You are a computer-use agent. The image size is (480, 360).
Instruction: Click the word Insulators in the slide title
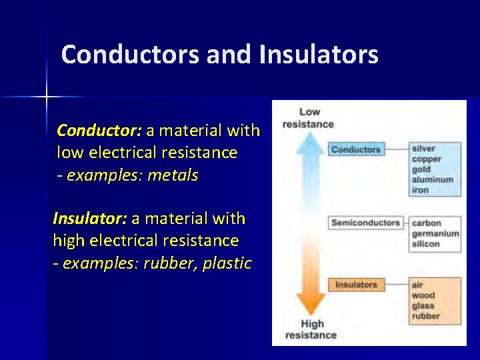point(319,55)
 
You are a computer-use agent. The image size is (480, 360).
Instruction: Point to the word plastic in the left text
point(227,263)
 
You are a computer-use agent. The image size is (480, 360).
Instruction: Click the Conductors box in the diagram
point(355,149)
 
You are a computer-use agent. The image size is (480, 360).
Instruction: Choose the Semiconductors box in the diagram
point(365,223)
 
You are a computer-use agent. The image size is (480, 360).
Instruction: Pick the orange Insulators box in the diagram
point(355,285)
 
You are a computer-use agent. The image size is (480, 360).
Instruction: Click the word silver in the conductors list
point(423,149)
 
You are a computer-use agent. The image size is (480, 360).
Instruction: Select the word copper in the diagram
point(426,159)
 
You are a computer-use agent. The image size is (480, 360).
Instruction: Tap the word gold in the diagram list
point(421,169)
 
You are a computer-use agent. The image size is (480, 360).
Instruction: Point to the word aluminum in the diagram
point(432,180)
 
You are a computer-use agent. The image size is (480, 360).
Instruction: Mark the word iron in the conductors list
point(420,190)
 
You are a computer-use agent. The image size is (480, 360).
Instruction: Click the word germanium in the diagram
point(435,233)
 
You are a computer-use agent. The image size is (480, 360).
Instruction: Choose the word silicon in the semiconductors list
point(425,244)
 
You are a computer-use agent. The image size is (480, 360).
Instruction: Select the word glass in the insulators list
point(423,306)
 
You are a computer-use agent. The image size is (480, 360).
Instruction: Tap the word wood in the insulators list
point(423,295)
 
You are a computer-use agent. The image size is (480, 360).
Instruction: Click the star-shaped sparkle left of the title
point(47,97)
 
